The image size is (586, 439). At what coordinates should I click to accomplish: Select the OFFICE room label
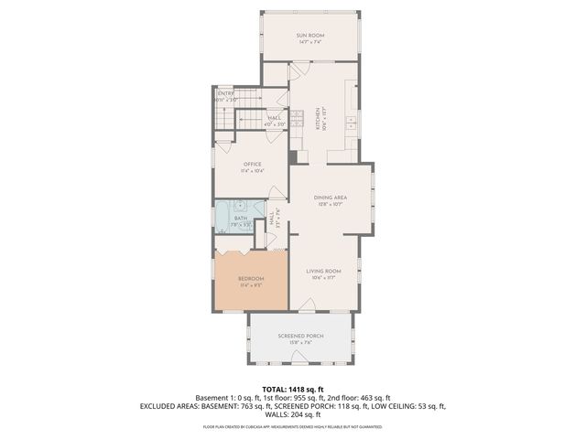coord(252,165)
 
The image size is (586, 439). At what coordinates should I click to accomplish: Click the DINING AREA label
coord(329,198)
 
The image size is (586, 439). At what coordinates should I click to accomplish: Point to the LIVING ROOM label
coord(323,271)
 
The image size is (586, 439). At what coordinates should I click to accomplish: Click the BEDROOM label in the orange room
coord(251,278)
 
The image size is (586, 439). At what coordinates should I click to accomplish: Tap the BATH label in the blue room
coord(240,218)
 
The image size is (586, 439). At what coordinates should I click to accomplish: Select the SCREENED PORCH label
coord(299,336)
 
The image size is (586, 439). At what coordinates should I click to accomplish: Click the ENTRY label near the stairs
coord(225,93)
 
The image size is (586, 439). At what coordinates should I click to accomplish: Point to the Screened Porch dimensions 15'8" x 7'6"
coord(299,344)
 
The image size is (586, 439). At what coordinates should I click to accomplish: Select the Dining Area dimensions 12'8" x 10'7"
coord(329,206)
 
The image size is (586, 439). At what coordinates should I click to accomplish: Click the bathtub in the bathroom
coord(225,219)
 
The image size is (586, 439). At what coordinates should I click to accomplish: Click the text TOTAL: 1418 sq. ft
coord(293,389)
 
